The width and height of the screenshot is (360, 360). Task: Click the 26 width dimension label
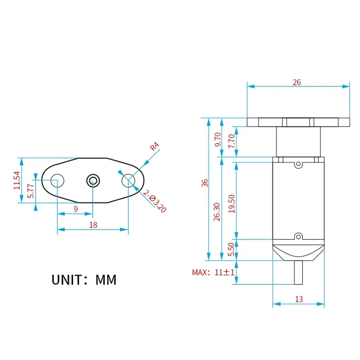coord(297,82)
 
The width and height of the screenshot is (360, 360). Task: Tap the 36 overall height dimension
coord(205,183)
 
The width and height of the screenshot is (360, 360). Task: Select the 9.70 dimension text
coord(217,139)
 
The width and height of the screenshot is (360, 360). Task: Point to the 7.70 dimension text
coord(232,141)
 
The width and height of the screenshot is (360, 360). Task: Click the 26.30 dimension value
coord(217,211)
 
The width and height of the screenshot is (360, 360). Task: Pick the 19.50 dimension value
coord(232,204)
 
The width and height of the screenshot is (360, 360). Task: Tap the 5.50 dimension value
coord(231,249)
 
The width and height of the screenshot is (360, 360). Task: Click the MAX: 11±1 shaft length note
coord(213,272)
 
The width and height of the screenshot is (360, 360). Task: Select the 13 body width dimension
coord(299,299)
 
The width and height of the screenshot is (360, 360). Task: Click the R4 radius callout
coord(154,146)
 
